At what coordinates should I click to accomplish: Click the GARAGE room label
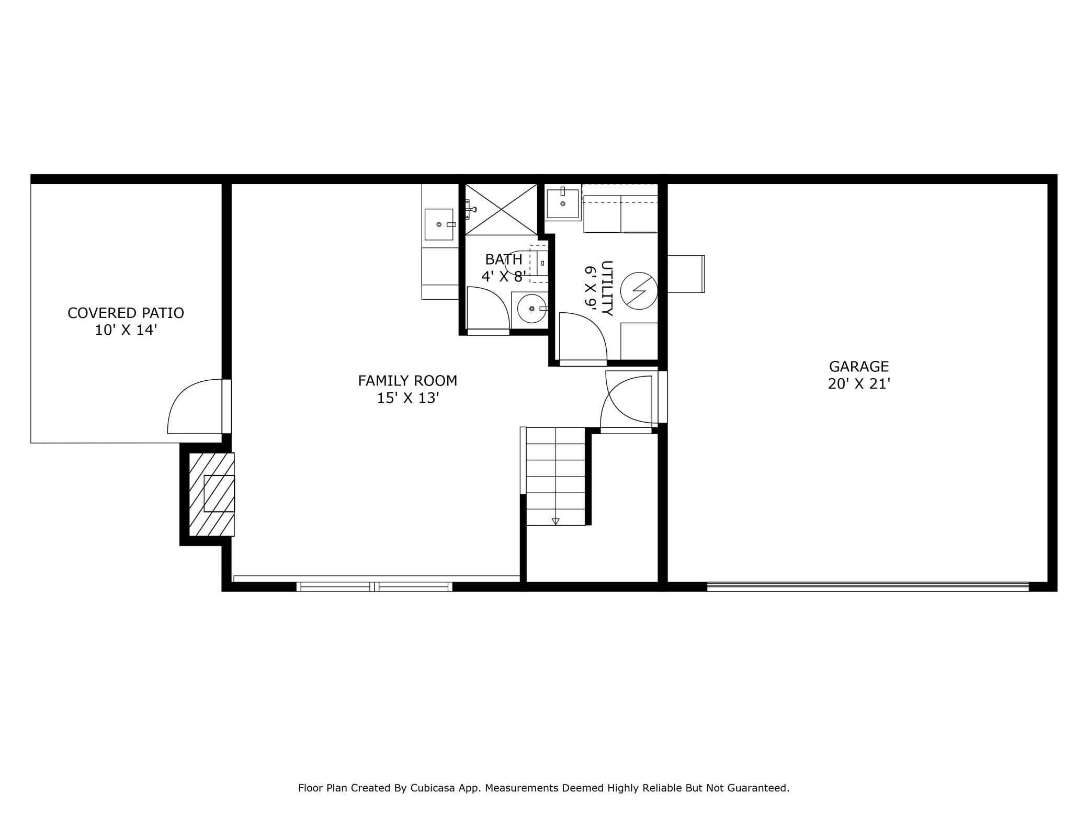(859, 367)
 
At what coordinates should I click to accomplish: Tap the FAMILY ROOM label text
(407, 381)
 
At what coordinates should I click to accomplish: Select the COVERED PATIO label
(126, 313)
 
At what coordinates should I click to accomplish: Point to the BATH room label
(504, 259)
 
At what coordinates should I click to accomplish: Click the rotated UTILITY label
(607, 288)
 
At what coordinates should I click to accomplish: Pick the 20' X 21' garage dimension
(859, 384)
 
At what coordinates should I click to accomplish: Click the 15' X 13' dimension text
(407, 398)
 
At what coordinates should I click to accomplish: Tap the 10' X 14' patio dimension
(126, 330)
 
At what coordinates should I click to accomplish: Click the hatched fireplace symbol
(211, 494)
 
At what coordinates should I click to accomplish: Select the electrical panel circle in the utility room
(639, 291)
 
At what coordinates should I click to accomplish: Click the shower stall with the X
(501, 209)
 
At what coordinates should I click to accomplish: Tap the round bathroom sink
(531, 309)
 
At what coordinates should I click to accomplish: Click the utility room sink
(563, 203)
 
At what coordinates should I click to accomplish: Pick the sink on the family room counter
(439, 224)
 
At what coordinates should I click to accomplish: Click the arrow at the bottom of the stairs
(556, 522)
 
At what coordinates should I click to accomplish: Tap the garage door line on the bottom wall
(868, 587)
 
